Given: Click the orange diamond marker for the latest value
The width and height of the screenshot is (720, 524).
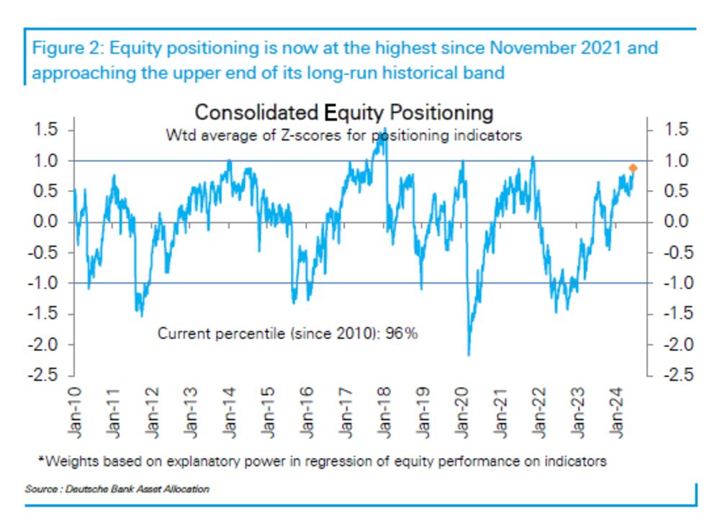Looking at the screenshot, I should point(633,168).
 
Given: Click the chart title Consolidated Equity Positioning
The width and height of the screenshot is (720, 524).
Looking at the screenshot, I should point(344,113).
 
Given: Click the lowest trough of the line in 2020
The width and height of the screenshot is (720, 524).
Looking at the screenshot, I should point(469,355).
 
